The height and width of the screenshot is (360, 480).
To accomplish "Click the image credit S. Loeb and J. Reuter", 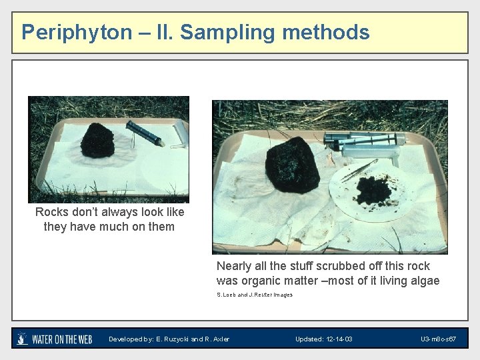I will (x=254, y=295).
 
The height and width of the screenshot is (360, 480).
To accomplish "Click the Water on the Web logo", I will (x=54, y=339).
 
